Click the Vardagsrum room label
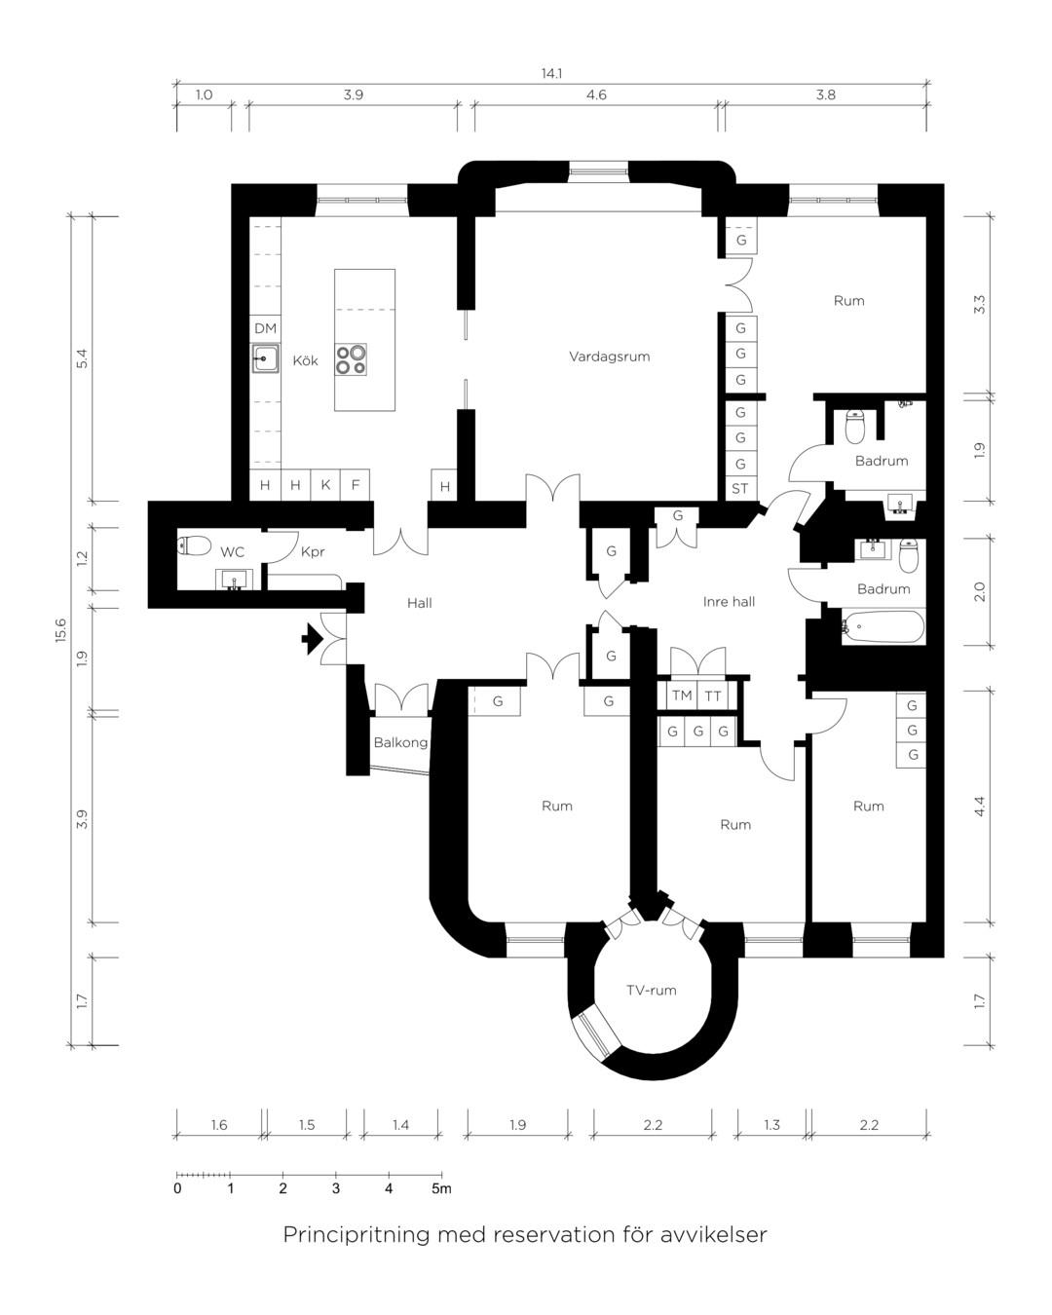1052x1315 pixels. click(x=609, y=357)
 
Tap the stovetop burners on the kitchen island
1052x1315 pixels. click(x=351, y=359)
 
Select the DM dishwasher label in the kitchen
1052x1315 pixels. click(x=265, y=329)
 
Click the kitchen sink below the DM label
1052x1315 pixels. click(x=265, y=358)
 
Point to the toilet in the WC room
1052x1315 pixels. click(x=195, y=545)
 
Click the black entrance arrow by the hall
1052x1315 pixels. click(x=312, y=639)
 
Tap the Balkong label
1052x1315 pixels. click(x=400, y=742)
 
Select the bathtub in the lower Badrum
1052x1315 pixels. click(x=883, y=627)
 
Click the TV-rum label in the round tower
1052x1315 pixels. click(x=651, y=990)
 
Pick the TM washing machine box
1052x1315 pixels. click(x=682, y=695)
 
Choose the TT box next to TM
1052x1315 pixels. click(x=713, y=695)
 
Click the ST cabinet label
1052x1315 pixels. click(x=739, y=489)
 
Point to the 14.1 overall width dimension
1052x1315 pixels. click(x=551, y=73)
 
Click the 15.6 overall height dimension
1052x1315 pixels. click(x=59, y=630)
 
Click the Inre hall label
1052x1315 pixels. click(x=729, y=602)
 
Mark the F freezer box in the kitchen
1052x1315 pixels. click(x=356, y=485)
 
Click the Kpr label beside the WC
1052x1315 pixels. click(x=313, y=552)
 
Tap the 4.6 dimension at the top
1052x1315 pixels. click(x=596, y=94)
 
